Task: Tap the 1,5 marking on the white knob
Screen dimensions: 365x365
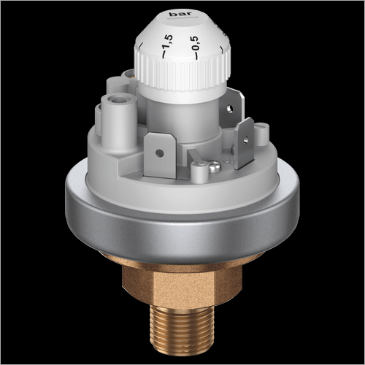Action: [168, 42]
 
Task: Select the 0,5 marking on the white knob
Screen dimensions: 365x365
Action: [195, 43]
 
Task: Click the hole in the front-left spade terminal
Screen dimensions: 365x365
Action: [160, 153]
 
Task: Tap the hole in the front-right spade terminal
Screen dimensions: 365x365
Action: [246, 139]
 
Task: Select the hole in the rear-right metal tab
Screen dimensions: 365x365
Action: [229, 108]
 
